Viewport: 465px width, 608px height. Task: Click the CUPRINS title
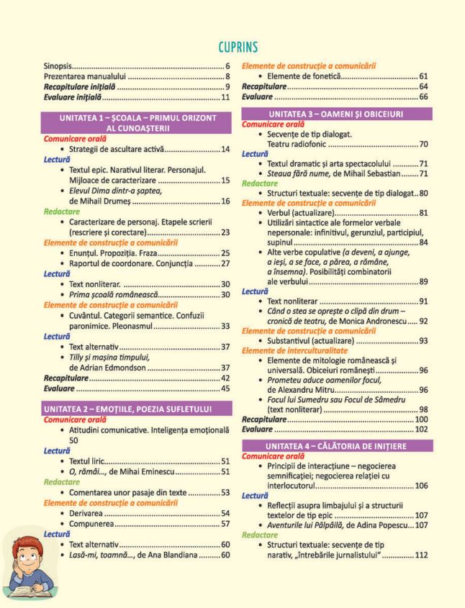point(232,47)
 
